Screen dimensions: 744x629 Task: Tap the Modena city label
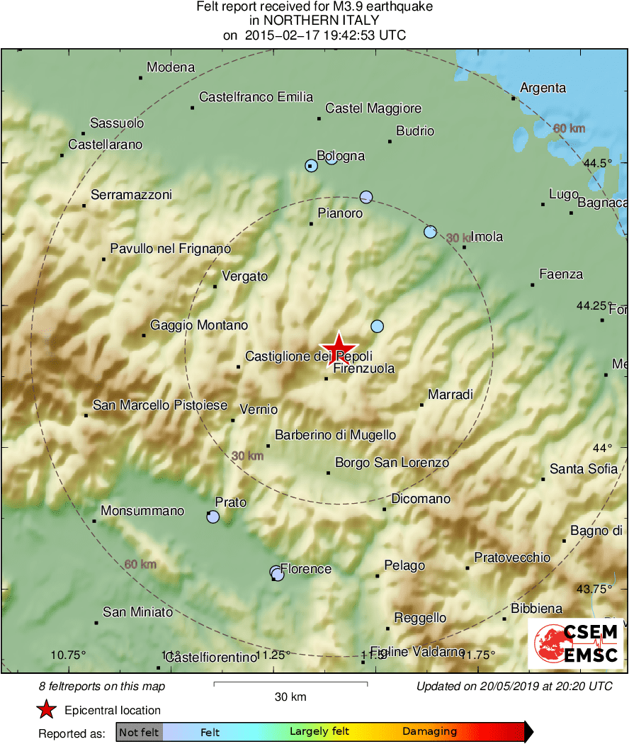click(171, 68)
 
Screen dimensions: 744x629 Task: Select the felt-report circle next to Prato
click(213, 517)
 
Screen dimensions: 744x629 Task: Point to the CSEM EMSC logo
click(575, 643)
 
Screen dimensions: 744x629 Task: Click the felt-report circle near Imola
click(430, 232)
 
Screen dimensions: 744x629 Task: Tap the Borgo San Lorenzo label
click(392, 463)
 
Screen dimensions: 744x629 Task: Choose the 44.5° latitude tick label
click(598, 163)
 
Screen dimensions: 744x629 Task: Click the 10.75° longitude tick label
click(69, 654)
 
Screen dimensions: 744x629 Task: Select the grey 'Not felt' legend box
click(140, 732)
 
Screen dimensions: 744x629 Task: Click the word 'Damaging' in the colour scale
click(430, 732)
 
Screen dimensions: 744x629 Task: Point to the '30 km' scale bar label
click(290, 697)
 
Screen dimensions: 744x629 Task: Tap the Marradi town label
click(450, 395)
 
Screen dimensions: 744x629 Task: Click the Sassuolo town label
click(117, 123)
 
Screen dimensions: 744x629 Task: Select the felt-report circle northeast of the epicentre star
click(377, 326)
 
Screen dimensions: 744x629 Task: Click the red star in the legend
click(47, 710)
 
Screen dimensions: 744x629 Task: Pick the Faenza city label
click(561, 274)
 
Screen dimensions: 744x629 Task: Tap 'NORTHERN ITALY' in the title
click(314, 21)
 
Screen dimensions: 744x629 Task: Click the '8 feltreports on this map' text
click(102, 686)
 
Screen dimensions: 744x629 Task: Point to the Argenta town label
click(543, 88)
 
